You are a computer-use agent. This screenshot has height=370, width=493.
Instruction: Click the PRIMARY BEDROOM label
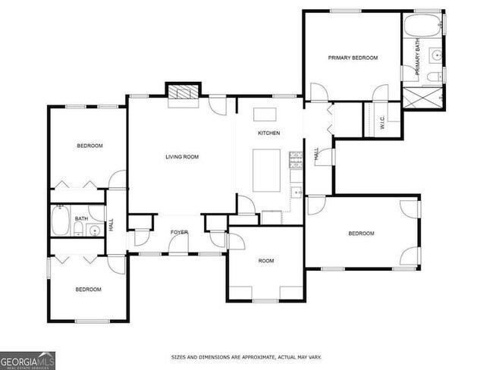click(x=353, y=58)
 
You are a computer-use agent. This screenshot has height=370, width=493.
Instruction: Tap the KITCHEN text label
click(x=269, y=133)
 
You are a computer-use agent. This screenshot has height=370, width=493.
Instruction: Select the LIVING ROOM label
click(x=182, y=157)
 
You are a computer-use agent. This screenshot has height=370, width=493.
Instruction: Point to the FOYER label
click(x=179, y=233)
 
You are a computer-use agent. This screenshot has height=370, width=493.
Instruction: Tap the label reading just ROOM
click(x=265, y=261)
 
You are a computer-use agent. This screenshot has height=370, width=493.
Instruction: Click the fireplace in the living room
click(x=182, y=93)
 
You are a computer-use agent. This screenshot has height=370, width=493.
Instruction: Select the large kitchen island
click(x=265, y=171)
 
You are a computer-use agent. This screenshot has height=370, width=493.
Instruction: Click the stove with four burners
click(x=294, y=160)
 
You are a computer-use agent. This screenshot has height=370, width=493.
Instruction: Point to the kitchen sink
click(x=297, y=193)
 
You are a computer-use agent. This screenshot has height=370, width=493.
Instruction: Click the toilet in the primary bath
click(x=431, y=77)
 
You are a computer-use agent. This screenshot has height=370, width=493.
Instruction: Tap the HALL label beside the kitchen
click(x=316, y=155)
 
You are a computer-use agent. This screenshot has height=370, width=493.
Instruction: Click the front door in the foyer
click(x=178, y=244)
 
